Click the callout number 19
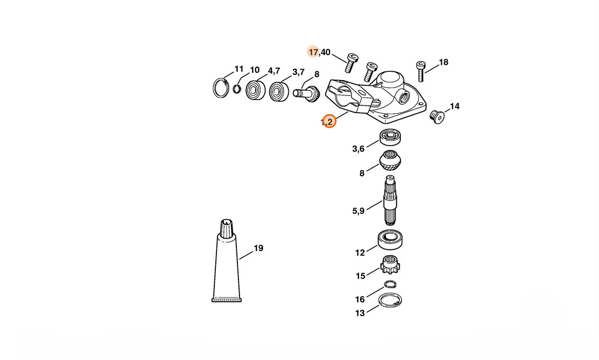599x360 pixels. [x=258, y=248]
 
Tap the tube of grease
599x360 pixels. [x=226, y=265]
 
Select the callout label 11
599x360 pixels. [x=239, y=69]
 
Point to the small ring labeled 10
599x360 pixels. [x=237, y=88]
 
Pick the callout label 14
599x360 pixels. [x=454, y=106]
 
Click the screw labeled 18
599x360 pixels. [x=420, y=70]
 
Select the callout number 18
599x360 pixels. [x=443, y=62]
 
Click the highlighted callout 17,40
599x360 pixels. [x=319, y=52]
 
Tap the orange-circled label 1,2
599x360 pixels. [x=328, y=122]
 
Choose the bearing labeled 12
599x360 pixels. [x=390, y=240]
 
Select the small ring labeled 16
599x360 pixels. [x=389, y=285]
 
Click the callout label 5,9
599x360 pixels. [x=358, y=211]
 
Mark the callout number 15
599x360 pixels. [x=361, y=276]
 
